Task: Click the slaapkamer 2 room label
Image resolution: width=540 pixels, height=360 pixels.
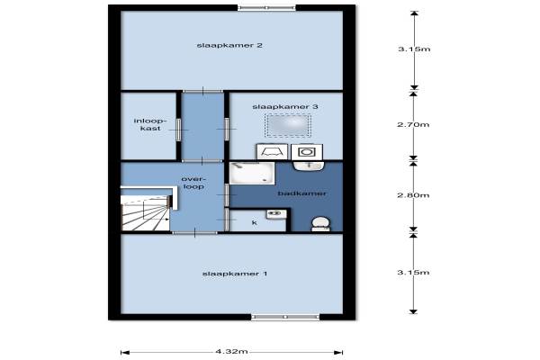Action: (229, 46)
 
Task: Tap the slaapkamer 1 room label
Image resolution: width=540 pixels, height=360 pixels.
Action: (235, 274)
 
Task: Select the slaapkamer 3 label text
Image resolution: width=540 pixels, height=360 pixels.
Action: (285, 107)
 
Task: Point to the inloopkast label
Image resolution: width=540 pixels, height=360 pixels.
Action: (150, 125)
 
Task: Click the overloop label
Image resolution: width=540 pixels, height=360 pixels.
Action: (193, 183)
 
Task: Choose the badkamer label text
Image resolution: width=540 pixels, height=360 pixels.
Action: (302, 193)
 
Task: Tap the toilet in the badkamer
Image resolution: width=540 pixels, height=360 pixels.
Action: (320, 224)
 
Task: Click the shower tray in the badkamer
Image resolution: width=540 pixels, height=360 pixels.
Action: (252, 174)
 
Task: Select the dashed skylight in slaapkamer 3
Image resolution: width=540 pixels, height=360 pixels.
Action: (288, 125)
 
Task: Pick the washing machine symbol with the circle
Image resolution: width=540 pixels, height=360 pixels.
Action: (307, 152)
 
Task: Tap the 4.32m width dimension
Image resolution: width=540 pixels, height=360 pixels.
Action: (231, 352)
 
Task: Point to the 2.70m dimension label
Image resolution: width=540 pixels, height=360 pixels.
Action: (413, 124)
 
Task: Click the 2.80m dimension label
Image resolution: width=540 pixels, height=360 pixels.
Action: (413, 195)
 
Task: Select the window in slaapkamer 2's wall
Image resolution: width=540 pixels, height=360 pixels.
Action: (266, 7)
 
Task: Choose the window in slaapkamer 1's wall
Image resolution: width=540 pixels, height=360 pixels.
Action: (285, 317)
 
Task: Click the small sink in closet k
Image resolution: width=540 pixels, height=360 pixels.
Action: (276, 214)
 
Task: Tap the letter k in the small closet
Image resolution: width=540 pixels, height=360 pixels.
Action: (255, 223)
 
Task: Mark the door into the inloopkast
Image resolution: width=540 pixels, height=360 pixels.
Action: (178, 130)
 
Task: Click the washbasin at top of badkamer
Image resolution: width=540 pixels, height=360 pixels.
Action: (309, 166)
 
